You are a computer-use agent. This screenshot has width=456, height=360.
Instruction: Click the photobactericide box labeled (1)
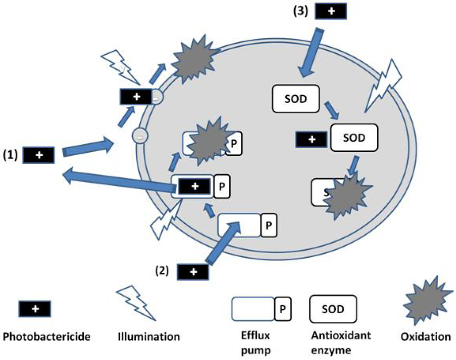click(x=39, y=155)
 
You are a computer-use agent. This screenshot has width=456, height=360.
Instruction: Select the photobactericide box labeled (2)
click(x=193, y=271)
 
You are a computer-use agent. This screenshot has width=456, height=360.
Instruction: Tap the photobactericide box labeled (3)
click(x=331, y=12)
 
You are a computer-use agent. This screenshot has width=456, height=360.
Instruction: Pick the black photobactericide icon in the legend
click(x=34, y=308)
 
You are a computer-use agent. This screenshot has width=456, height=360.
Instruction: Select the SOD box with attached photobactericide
click(x=354, y=138)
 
